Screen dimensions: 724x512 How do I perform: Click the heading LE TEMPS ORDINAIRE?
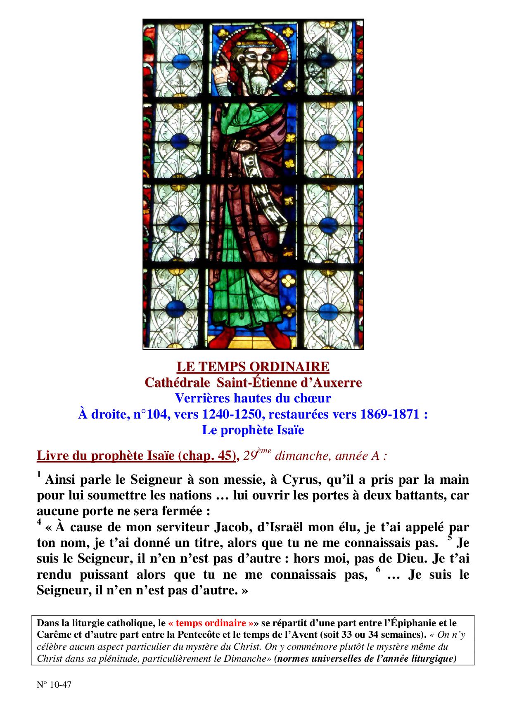tap(253, 367)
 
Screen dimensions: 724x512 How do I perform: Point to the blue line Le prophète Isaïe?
tap(253, 430)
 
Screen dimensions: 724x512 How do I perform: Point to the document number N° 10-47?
tap(54, 685)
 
